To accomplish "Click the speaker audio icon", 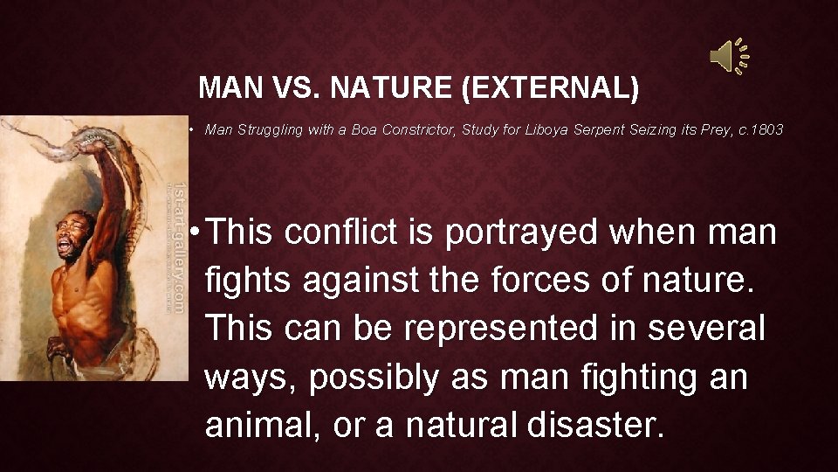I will click(x=729, y=56).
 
